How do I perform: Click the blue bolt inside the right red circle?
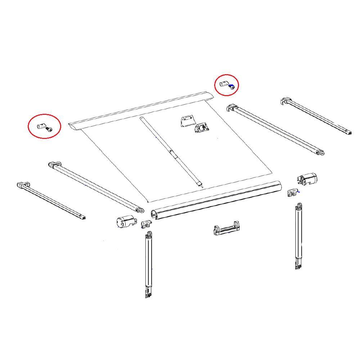(x=233, y=86)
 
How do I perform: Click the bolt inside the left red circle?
(x=49, y=129)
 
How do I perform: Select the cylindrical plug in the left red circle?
(x=41, y=126)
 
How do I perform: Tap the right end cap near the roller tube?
(x=307, y=179)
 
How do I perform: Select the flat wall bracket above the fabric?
(x=186, y=121)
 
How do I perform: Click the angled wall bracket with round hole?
(x=202, y=127)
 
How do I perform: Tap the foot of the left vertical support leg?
(x=148, y=293)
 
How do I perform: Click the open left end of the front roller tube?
(x=154, y=215)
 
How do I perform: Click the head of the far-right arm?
(x=285, y=101)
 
